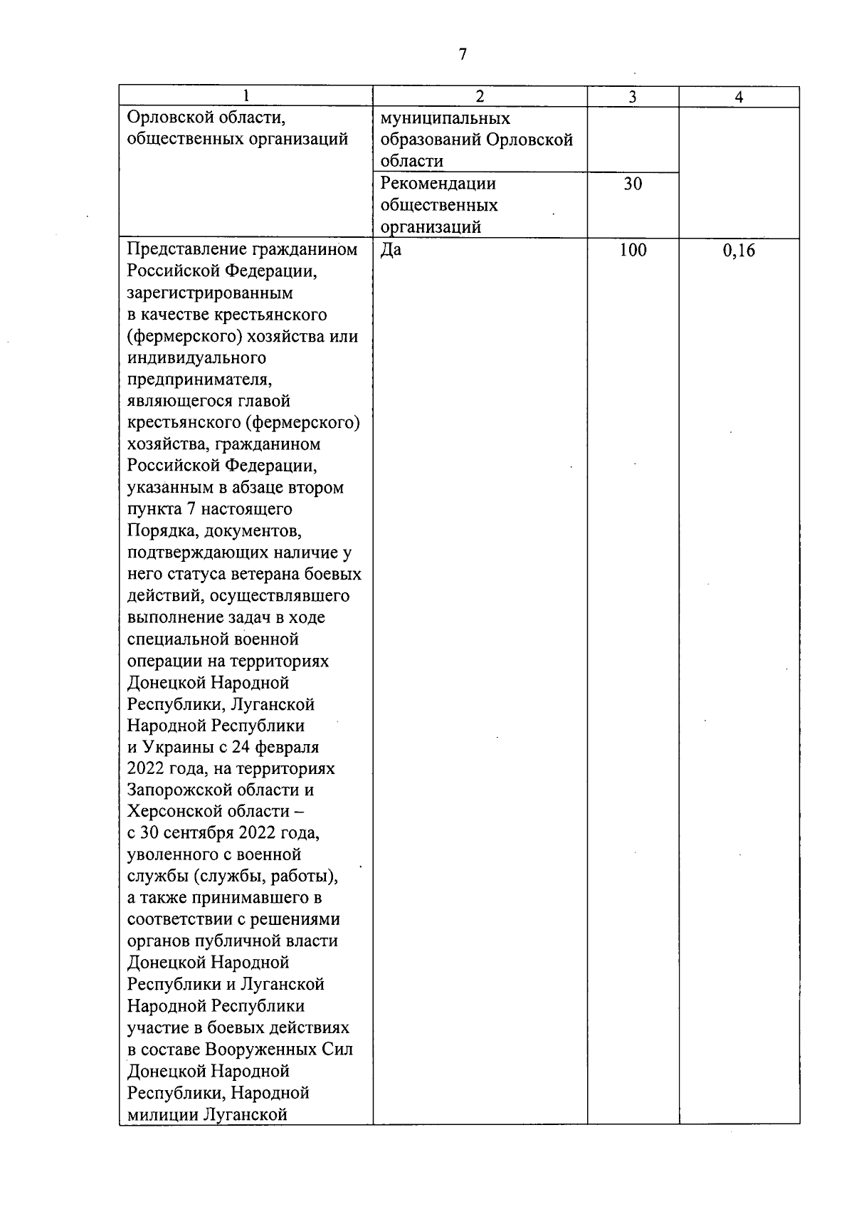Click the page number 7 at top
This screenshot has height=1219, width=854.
click(x=463, y=55)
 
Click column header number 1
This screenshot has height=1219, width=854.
click(x=246, y=98)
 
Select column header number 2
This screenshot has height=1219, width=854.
click(x=480, y=98)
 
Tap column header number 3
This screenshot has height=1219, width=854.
click(x=633, y=98)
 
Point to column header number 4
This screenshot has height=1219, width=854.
click(x=739, y=98)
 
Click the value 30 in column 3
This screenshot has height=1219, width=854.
click(x=633, y=184)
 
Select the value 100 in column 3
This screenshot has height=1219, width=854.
click(x=633, y=250)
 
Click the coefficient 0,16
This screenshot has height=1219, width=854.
click(x=739, y=250)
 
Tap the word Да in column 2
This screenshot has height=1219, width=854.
click(x=391, y=250)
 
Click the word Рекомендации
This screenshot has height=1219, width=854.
click(x=438, y=184)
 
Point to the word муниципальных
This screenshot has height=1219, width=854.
click(x=446, y=118)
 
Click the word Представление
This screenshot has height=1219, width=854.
click(x=187, y=250)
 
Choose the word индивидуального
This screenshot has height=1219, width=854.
click(x=196, y=358)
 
